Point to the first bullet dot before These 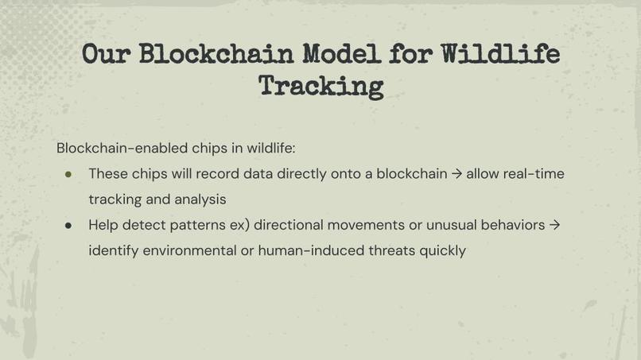[69, 173]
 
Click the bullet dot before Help [69, 225]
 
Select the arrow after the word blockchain [456, 173]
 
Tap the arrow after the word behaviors [555, 225]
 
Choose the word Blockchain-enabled [122, 148]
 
